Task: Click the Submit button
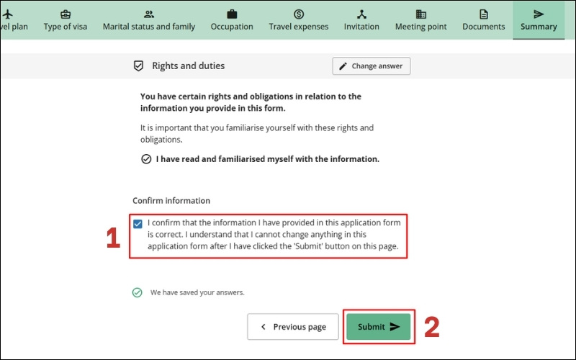[x=379, y=327]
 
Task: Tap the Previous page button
[x=293, y=327]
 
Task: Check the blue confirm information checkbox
[x=138, y=224]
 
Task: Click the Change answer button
[x=372, y=66]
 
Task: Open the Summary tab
[x=539, y=20]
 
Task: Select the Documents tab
[x=483, y=20]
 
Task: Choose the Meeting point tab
[x=421, y=20]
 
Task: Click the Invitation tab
[x=361, y=20]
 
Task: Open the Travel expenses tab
[x=299, y=20]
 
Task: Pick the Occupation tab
[x=232, y=20]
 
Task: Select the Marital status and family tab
[x=149, y=20]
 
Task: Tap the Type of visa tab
[x=66, y=20]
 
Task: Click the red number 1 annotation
[x=113, y=238]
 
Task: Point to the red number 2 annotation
[x=431, y=327]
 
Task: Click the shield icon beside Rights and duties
[x=138, y=66]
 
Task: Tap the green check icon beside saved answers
[x=137, y=292]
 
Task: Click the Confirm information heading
[x=171, y=201]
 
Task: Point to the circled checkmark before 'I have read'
[x=146, y=159]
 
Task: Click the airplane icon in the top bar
[x=7, y=14]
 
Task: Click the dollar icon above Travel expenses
[x=299, y=14]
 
